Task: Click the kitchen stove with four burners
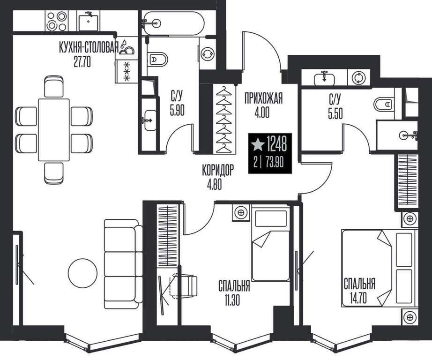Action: pyautogui.click(x=57, y=21)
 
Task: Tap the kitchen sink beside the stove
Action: pyautogui.click(x=88, y=21)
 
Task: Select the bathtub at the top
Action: pyautogui.click(x=173, y=23)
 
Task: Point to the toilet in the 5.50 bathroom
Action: pyautogui.click(x=384, y=105)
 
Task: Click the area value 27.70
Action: pyautogui.click(x=82, y=61)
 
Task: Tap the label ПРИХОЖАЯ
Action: pyautogui.click(x=263, y=98)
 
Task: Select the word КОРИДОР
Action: pyautogui.click(x=218, y=170)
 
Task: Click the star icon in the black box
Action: pyautogui.click(x=258, y=144)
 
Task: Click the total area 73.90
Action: pyautogui.click(x=275, y=163)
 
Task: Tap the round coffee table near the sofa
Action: pyautogui.click(x=82, y=272)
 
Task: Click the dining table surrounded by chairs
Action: pyautogui.click(x=54, y=129)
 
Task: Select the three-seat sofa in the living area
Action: pyautogui.click(x=123, y=264)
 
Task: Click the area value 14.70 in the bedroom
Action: pyautogui.click(x=358, y=298)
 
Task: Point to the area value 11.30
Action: pyautogui.click(x=232, y=300)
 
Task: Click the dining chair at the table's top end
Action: pyautogui.click(x=54, y=86)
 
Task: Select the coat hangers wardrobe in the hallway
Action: pyautogui.click(x=223, y=119)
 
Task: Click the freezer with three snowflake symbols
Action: pyautogui.click(x=126, y=72)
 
